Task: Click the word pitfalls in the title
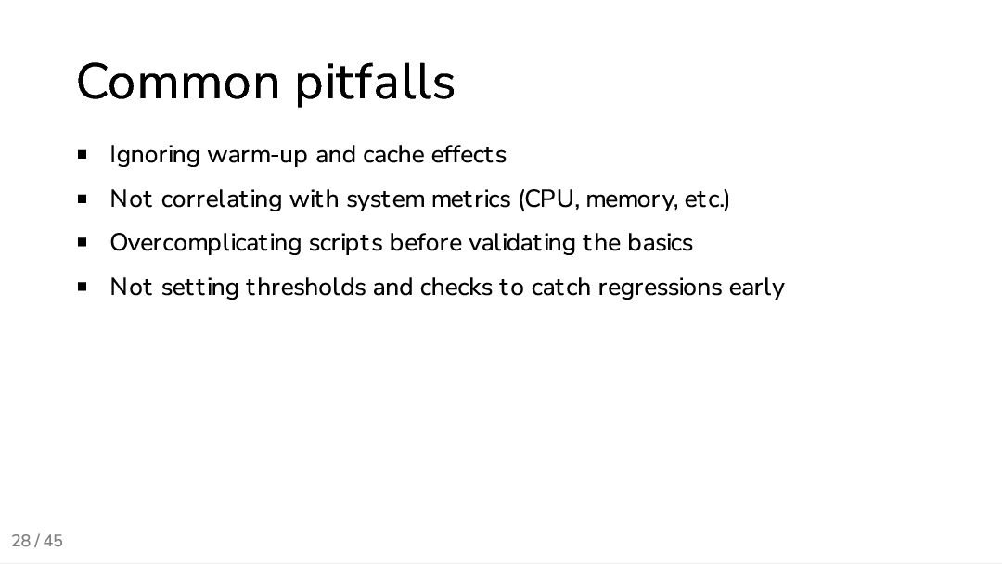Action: pyautogui.click(x=375, y=83)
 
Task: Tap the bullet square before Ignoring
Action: pyautogui.click(x=83, y=154)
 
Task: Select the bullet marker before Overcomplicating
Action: pyautogui.click(x=83, y=243)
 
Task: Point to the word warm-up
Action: pyautogui.click(x=257, y=155)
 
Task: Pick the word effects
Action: pyautogui.click(x=469, y=154)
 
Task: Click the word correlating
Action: pyautogui.click(x=222, y=199)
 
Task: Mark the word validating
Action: pyautogui.click(x=521, y=243)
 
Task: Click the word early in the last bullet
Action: pyautogui.click(x=756, y=288)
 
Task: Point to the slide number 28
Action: pyautogui.click(x=20, y=541)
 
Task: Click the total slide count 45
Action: pyautogui.click(x=53, y=541)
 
